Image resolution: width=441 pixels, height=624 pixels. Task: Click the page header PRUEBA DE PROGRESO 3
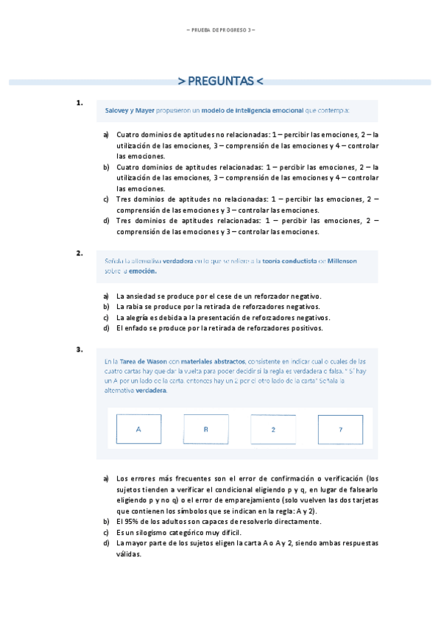(x=220, y=30)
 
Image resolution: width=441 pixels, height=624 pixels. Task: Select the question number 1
(x=80, y=103)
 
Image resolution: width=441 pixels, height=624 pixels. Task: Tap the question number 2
(x=80, y=253)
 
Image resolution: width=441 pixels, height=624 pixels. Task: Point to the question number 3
(x=80, y=350)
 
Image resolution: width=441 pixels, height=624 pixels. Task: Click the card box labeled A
(x=138, y=429)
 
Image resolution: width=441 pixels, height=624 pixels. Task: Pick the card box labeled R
(x=205, y=429)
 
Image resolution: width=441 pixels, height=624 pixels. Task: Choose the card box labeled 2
(x=272, y=429)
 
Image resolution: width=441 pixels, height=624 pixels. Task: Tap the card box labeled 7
(x=340, y=429)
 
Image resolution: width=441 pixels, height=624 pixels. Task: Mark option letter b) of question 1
(x=107, y=167)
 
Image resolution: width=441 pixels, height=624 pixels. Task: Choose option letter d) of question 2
(x=107, y=328)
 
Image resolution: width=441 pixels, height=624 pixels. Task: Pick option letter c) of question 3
(x=107, y=531)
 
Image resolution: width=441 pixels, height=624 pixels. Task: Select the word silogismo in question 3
(x=147, y=531)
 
